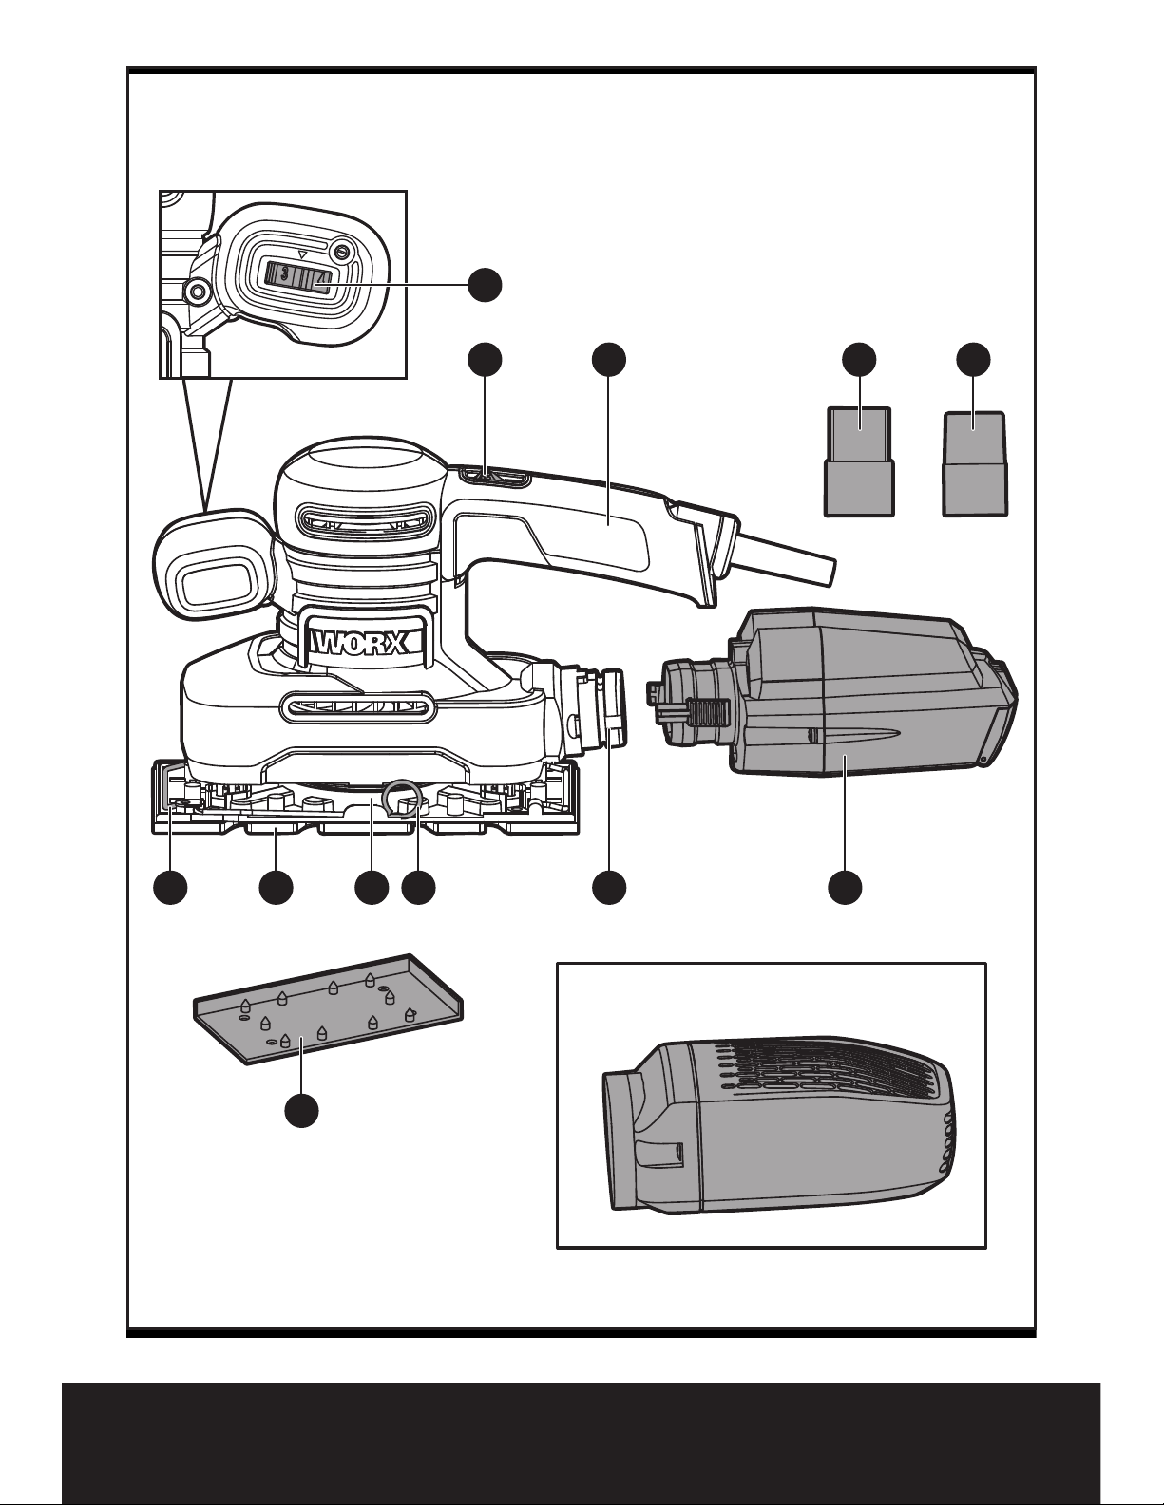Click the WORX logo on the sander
[360, 644]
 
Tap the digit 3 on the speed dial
[285, 275]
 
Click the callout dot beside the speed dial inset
[485, 284]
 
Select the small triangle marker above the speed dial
[302, 254]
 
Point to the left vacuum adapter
[859, 462]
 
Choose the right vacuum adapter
[974, 463]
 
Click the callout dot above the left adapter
[859, 360]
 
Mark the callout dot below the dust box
[846, 888]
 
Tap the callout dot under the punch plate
[302, 1110]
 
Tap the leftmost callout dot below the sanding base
[170, 888]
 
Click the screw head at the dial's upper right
[339, 250]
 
